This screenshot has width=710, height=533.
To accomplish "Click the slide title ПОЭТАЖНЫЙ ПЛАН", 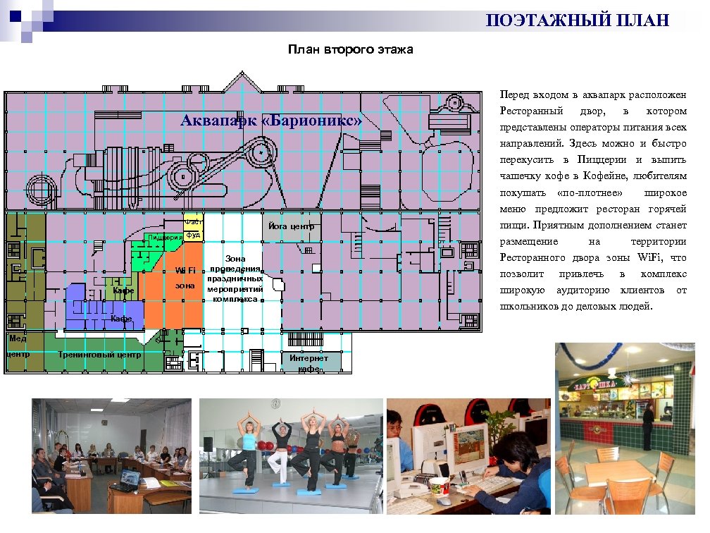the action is pos(577,20).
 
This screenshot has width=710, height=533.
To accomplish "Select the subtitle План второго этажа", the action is pos(350,50).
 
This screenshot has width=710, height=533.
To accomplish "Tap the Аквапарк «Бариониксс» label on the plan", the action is pos(270,121).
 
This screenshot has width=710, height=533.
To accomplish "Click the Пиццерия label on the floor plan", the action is pos(164,237).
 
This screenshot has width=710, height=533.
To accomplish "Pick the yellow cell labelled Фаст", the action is pos(193,222).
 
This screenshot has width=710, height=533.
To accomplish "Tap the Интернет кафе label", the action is pos(309,362).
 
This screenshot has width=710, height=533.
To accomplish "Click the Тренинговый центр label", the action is pos(99,355).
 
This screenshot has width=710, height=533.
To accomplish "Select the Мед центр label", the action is pos(17,346).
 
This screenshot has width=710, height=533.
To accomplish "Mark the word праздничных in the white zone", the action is pos(235,279).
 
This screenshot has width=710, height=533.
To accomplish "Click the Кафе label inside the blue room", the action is pos(121,319).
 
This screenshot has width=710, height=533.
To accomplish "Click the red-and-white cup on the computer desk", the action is pos(440,486).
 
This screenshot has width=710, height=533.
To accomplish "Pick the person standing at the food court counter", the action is pos(647,420).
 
